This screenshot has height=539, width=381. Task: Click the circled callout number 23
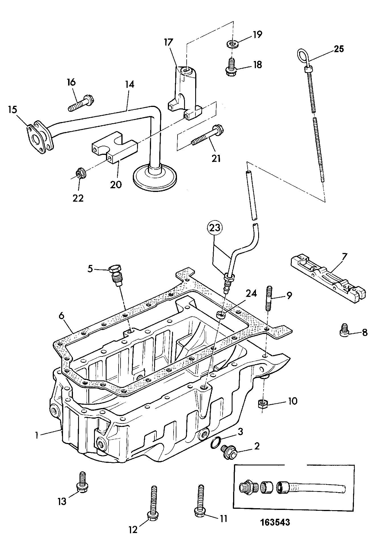(215, 228)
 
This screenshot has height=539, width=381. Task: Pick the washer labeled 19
(233, 44)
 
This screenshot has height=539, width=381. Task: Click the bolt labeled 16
(82, 104)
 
